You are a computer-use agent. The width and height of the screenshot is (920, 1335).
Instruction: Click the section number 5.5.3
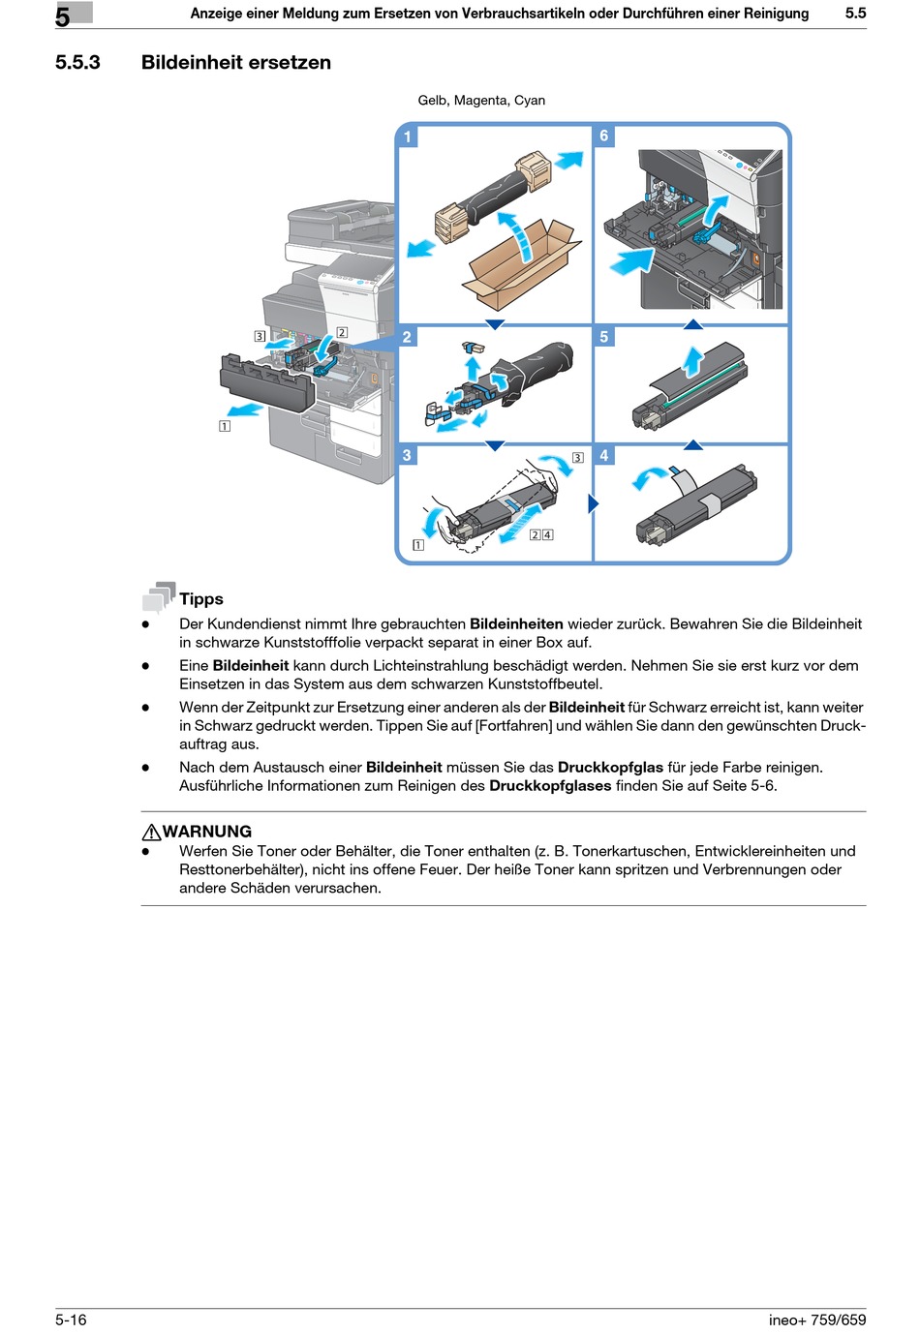coord(77,63)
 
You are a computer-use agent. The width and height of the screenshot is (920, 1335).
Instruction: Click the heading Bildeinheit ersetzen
coord(235,63)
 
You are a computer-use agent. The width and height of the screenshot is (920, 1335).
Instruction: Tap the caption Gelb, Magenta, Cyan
coord(481,101)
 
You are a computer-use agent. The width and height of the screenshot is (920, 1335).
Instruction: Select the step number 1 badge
coord(408,137)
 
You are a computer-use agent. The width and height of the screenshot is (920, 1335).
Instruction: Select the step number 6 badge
coord(604,137)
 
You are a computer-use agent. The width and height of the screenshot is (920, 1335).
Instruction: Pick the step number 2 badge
coord(408,337)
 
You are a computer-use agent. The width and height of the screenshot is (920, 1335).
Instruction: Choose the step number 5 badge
coord(604,337)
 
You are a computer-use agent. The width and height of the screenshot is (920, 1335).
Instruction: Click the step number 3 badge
coord(408,455)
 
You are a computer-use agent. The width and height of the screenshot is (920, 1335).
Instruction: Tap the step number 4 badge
coord(604,455)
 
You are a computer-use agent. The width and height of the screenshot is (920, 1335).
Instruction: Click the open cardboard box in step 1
coord(520,263)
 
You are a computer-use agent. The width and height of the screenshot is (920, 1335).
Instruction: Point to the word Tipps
coord(201,599)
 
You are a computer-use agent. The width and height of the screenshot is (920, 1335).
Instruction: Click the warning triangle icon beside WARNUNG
coord(151,832)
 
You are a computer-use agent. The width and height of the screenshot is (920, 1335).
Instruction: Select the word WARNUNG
coord(207,832)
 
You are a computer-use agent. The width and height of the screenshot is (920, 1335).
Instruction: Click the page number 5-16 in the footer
coord(71,1320)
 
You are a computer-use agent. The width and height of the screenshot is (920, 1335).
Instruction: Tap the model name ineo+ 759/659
coord(817,1320)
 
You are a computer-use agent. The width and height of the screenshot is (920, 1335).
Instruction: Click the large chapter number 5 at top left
coord(63,16)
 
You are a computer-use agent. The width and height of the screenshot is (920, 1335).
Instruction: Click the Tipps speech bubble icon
coord(159,596)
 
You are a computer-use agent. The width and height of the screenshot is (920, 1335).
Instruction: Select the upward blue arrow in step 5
coord(692,361)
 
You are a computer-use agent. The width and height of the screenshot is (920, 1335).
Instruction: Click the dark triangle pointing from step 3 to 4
coord(593,503)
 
